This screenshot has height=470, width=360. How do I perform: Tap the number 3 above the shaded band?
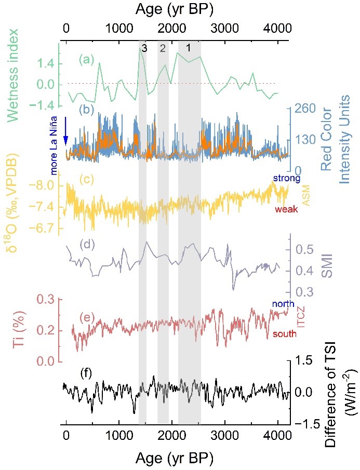click(x=143, y=49)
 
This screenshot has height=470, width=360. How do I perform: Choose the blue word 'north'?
click(x=283, y=304)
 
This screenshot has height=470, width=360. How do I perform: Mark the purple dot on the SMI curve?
click(x=266, y=266)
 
